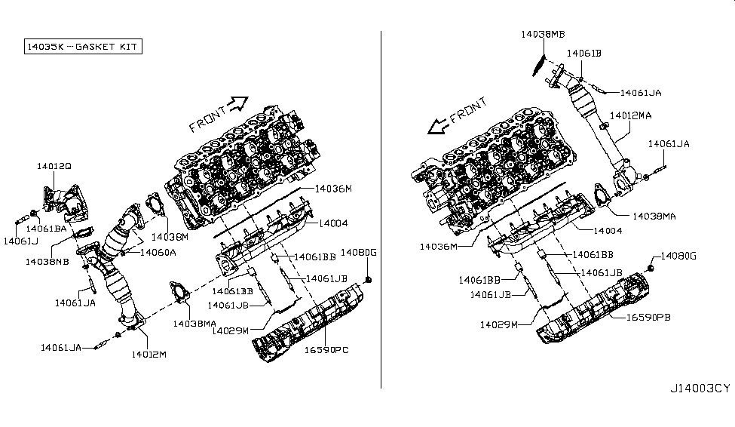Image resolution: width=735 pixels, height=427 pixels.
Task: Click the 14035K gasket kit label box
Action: click(x=76, y=47)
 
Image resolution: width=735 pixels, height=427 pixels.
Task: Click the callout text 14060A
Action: click(x=157, y=253)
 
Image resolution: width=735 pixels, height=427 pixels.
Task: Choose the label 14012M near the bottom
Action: click(x=149, y=352)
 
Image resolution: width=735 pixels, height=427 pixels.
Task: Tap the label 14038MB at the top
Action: click(x=543, y=34)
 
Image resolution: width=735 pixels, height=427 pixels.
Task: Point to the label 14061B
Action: click(x=584, y=54)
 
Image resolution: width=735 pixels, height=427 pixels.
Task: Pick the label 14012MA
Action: click(x=631, y=115)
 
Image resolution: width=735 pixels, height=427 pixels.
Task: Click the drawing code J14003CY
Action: click(x=699, y=389)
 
